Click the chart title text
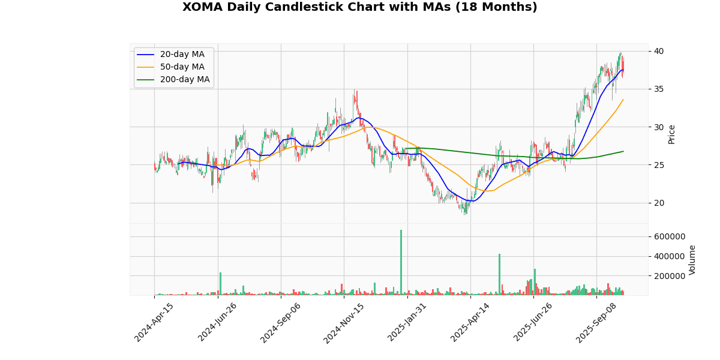pyautogui.click(x=360, y=7)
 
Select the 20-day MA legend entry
pyautogui.click(x=182, y=55)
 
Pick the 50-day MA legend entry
pyautogui.click(x=182, y=67)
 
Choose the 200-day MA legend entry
pyautogui.click(x=184, y=80)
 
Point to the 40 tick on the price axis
pyautogui.click(x=659, y=51)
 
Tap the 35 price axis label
pyautogui.click(x=659, y=89)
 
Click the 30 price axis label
pyautogui.click(x=659, y=127)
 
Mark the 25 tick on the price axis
pyautogui.click(x=659, y=165)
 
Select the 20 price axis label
pyautogui.click(x=659, y=203)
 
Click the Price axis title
pyautogui.click(x=672, y=134)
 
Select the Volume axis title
pyautogui.click(x=692, y=260)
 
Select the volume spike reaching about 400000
pyautogui.click(x=499, y=274)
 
